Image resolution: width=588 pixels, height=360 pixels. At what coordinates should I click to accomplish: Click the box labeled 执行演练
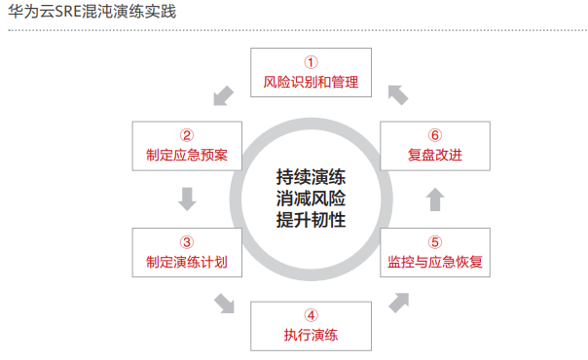tap(311, 326)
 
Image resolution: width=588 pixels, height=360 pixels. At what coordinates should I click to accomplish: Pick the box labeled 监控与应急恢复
tap(434, 252)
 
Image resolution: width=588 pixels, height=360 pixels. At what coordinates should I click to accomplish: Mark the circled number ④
tap(311, 315)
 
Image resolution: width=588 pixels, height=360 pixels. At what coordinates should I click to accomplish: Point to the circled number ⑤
tap(434, 241)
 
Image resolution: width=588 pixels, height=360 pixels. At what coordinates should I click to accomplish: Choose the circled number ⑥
tap(434, 134)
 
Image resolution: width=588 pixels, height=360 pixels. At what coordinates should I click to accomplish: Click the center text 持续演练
tap(311, 178)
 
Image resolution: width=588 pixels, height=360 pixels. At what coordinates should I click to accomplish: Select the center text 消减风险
tap(311, 198)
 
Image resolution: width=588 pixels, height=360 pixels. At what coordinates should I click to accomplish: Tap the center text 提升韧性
tap(311, 219)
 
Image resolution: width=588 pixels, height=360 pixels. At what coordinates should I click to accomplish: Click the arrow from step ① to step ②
tap(223, 94)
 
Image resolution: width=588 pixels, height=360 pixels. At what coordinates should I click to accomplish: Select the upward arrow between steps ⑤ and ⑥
tap(434, 198)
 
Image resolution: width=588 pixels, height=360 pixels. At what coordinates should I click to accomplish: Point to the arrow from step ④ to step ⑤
tap(398, 303)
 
